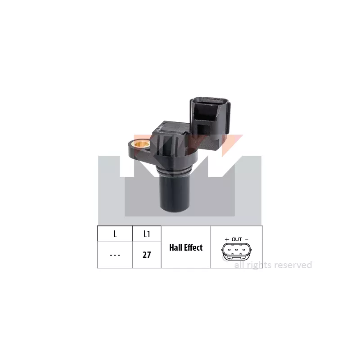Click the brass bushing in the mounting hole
tap(141, 144)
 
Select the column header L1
tap(147, 234)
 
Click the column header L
tap(115, 234)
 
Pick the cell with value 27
tap(147, 255)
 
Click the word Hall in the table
tap(175, 247)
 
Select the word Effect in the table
tap(193, 247)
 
